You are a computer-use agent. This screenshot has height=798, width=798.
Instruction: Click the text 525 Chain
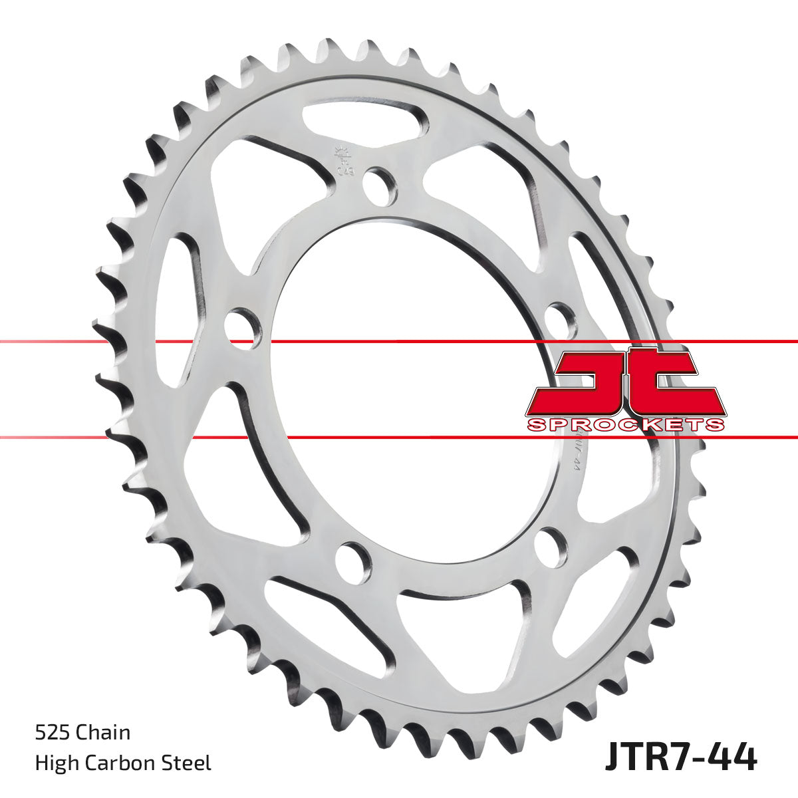82,733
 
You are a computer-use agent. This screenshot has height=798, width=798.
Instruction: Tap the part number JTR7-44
680,757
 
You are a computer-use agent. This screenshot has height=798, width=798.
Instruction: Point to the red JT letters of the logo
625,382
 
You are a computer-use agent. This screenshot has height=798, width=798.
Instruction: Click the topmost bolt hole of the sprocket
380,186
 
